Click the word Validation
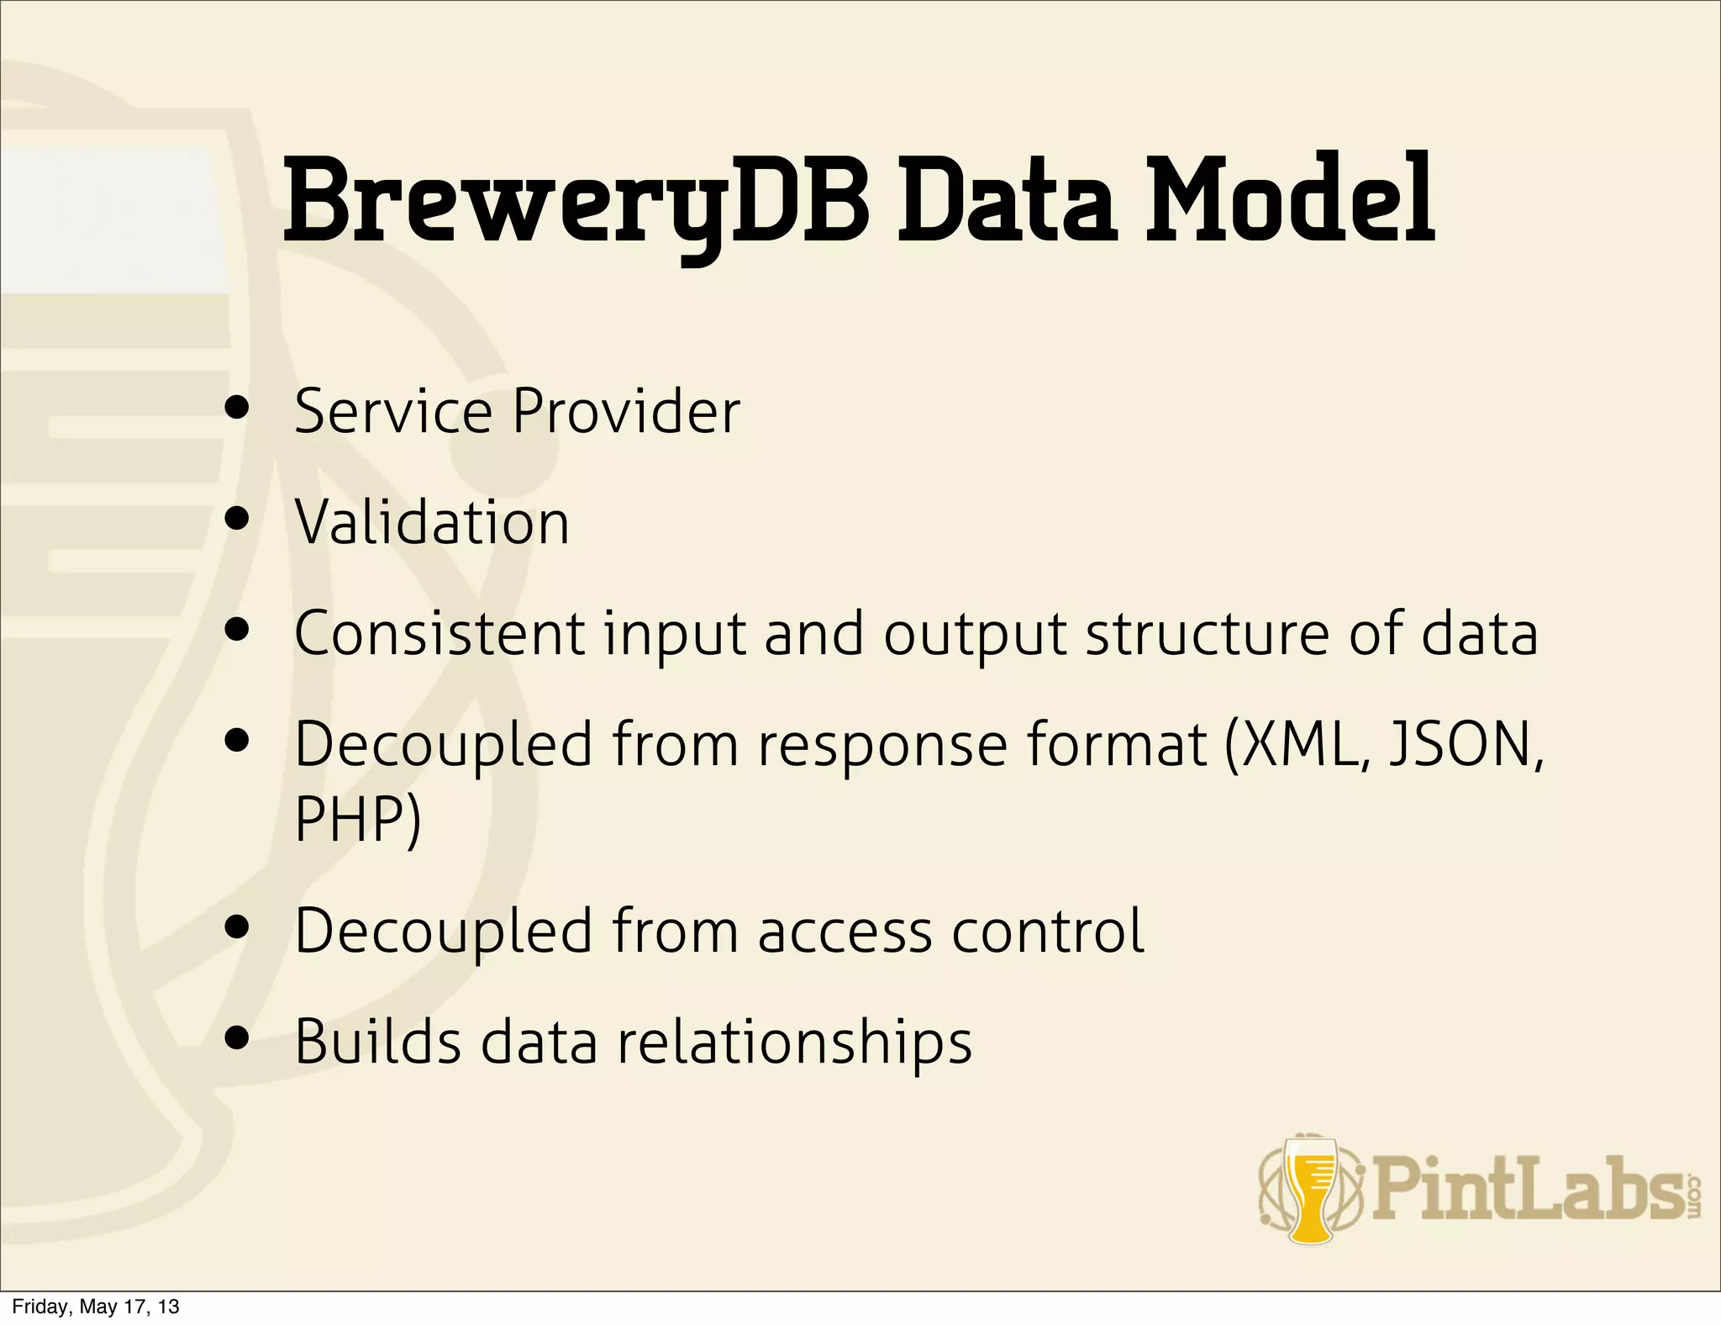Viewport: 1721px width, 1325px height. pyautogui.click(x=432, y=522)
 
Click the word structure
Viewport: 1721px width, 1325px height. pyautogui.click(x=1207, y=635)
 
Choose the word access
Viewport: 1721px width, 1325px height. pyautogui.click(x=845, y=932)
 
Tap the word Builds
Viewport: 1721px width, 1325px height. pyautogui.click(x=378, y=1042)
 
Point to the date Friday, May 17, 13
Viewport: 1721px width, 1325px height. pyautogui.click(x=95, y=1307)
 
